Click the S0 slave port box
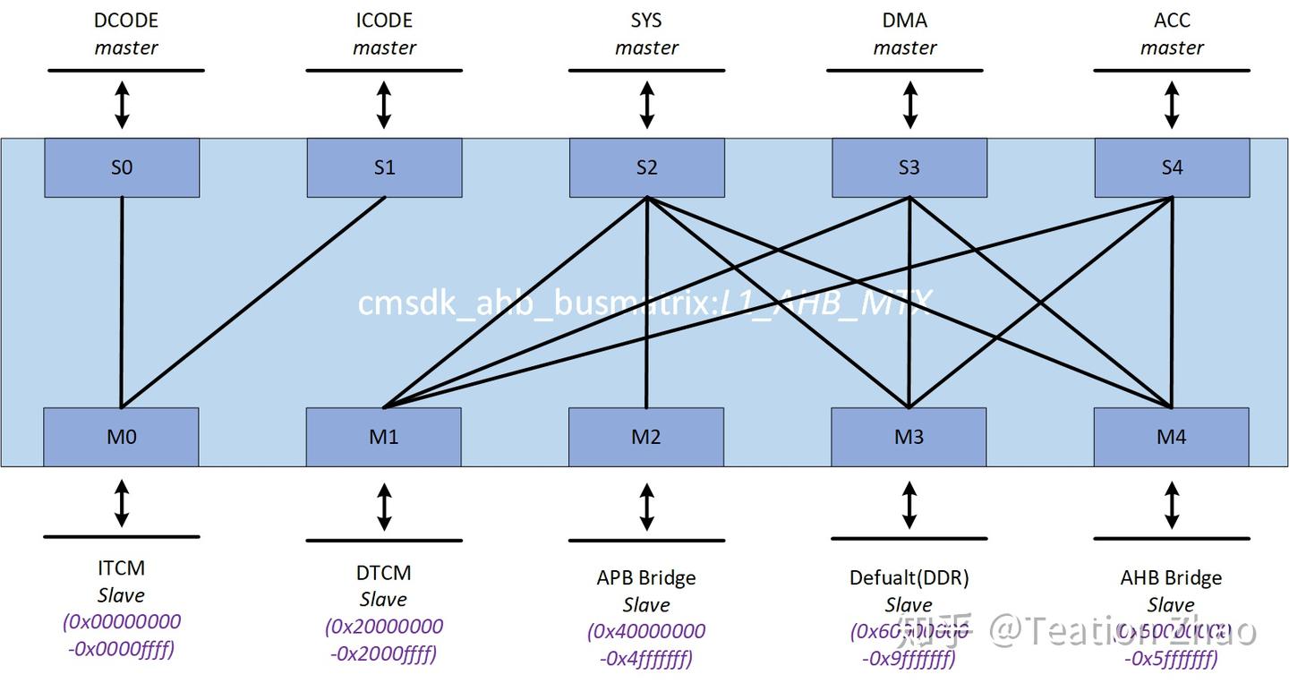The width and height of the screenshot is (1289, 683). tap(122, 167)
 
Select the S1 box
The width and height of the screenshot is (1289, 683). tap(384, 167)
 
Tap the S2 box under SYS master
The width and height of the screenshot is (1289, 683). tap(646, 167)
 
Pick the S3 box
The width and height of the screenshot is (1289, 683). tap(909, 167)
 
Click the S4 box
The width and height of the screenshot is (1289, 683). tap(1172, 167)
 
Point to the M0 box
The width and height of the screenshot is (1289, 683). tap(121, 437)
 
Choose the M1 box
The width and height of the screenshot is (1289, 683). tap(383, 437)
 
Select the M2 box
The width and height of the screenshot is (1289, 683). tap(645, 437)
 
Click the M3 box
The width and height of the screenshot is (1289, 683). tap(909, 437)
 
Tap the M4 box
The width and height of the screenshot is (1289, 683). tap(1171, 437)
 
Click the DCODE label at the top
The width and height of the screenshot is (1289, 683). tap(126, 21)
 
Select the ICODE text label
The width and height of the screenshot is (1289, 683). tap(384, 21)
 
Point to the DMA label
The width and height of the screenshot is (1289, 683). tap(905, 21)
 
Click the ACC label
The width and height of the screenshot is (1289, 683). tap(1172, 21)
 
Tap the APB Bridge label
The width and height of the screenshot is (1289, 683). tap(646, 577)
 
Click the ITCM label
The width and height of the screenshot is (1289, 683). tap(121, 568)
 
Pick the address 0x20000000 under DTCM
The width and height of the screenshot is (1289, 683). tap(384, 627)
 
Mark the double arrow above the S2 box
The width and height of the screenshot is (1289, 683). tap(646, 105)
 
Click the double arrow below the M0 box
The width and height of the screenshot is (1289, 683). tap(122, 502)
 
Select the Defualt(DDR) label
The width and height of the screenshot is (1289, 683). tap(909, 577)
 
